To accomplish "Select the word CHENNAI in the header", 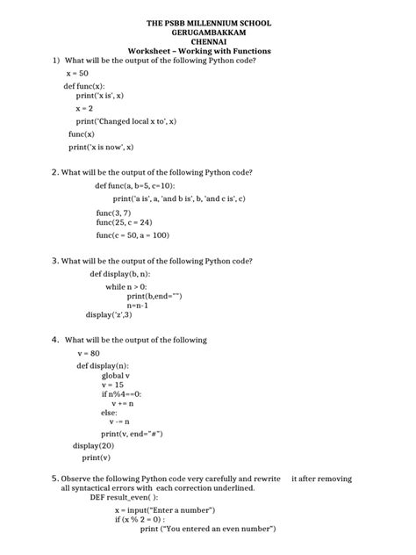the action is coord(207,41).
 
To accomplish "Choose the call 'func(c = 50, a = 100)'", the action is coord(133,235).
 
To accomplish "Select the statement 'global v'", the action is coord(117,375).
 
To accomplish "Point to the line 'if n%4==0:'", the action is coord(121,394).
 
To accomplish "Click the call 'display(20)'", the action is coord(93,445).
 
